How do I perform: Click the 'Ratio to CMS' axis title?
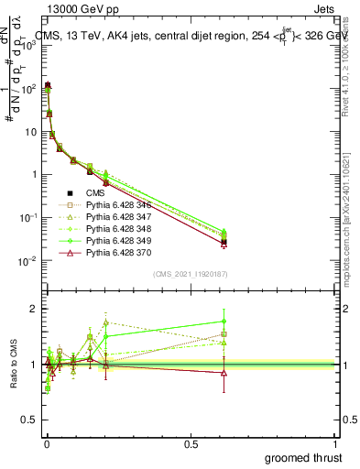click(x=13, y=365)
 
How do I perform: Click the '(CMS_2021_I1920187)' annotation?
click(x=191, y=274)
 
